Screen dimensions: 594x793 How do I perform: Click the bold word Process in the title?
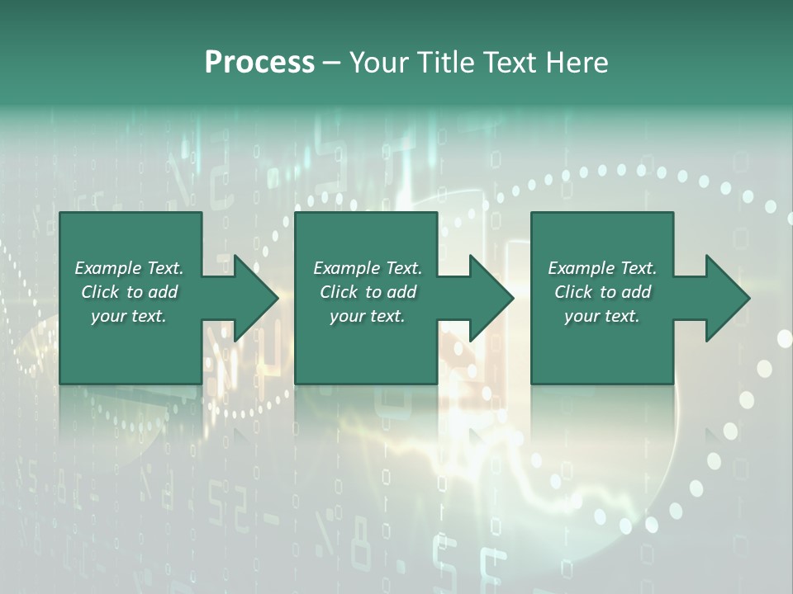259,63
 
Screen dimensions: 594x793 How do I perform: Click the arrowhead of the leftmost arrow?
256,298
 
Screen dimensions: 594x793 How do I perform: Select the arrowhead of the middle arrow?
491,298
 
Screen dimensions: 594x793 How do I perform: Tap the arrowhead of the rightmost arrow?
728,298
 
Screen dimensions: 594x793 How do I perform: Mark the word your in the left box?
108,317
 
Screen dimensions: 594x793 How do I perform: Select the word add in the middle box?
401,292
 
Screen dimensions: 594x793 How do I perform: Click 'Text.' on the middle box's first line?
402,268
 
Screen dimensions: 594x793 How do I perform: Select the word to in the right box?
609,292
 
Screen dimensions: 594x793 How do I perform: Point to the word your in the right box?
582,317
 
